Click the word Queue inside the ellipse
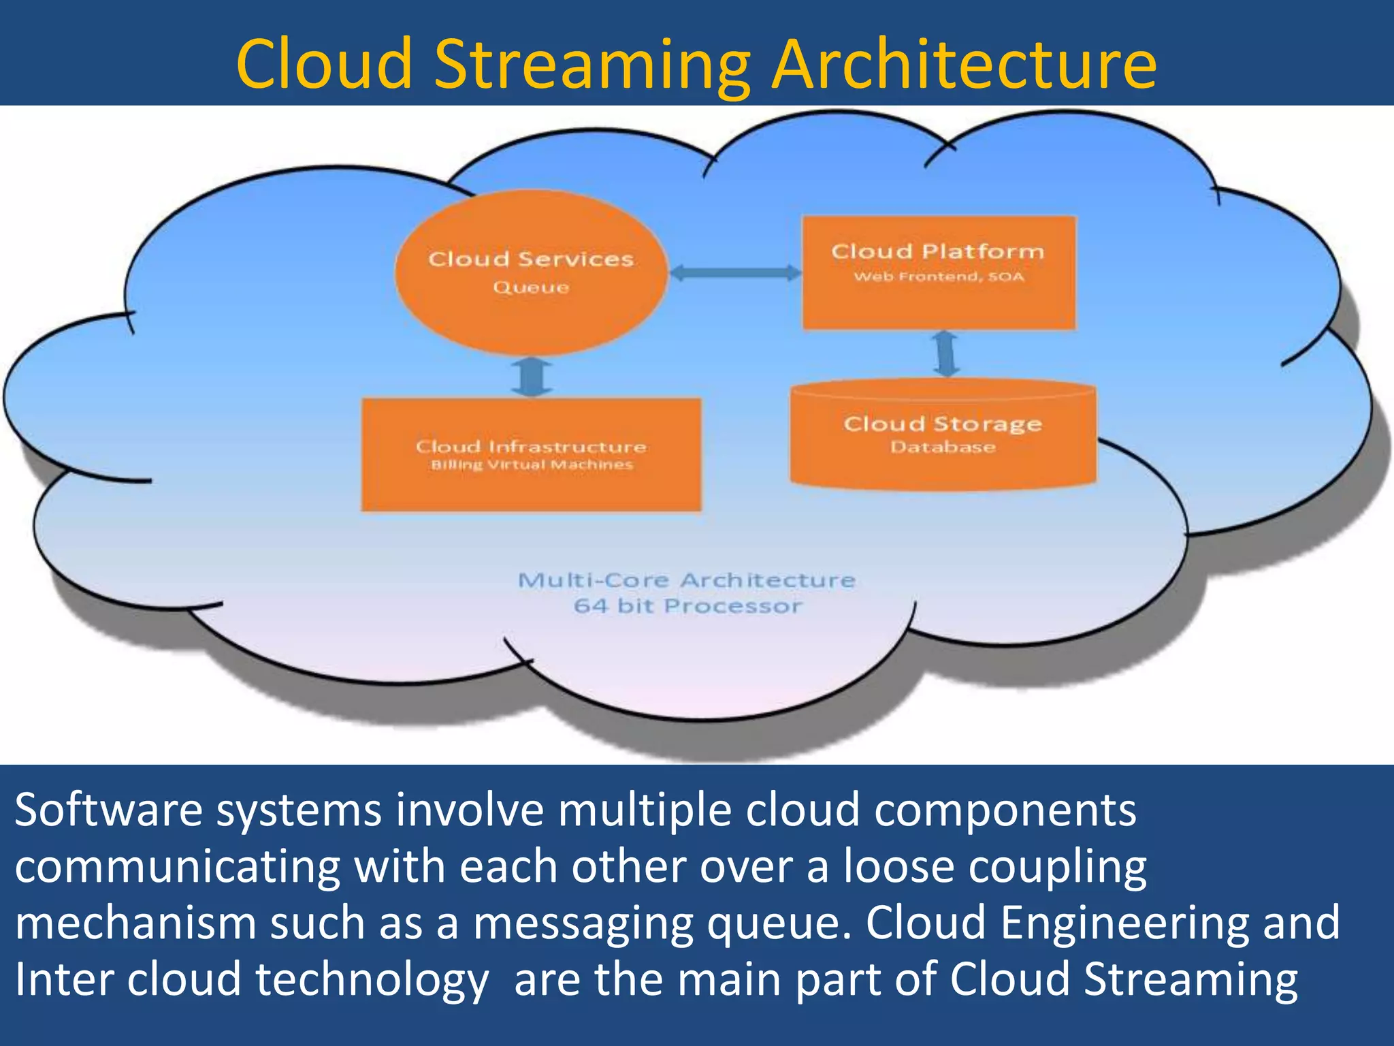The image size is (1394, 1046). pos(531,287)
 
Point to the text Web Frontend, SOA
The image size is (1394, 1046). pos(939,276)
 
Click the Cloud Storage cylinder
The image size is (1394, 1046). pos(943,470)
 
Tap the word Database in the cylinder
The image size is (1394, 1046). pos(943,447)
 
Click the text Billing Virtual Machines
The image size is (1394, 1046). pos(532,465)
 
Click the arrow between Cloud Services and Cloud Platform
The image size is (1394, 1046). pos(735,273)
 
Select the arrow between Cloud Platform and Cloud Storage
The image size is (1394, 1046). pos(945,353)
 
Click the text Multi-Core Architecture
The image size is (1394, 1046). pos(686,580)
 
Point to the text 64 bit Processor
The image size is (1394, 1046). pos(687,606)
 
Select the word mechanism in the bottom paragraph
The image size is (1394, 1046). pos(135,923)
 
